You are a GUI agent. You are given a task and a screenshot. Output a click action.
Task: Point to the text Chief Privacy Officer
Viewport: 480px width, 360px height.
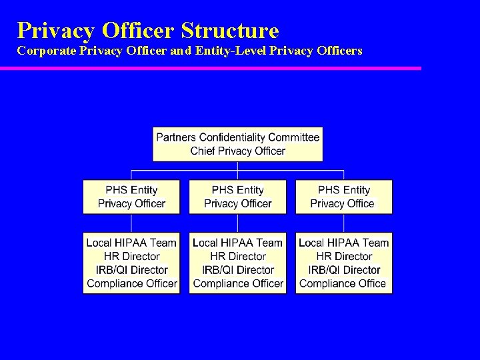click(237, 151)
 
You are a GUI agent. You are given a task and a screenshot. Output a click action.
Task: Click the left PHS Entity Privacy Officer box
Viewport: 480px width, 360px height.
click(131, 197)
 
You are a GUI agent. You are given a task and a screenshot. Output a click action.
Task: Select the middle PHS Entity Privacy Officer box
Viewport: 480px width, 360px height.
click(238, 197)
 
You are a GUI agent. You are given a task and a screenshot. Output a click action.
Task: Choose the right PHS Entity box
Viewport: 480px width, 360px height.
click(344, 197)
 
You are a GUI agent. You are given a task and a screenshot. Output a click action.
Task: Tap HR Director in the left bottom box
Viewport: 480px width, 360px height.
click(131, 257)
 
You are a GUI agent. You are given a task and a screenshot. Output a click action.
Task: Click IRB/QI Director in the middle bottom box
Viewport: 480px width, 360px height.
click(238, 270)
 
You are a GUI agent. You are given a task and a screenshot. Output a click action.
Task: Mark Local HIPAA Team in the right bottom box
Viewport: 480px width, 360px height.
click(344, 243)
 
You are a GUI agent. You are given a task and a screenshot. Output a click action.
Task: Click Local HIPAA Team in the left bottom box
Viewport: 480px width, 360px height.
click(131, 243)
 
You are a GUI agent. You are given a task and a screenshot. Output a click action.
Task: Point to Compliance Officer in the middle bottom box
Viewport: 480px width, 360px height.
click(238, 283)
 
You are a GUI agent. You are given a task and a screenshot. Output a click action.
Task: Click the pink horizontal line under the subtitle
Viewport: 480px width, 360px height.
click(210, 68)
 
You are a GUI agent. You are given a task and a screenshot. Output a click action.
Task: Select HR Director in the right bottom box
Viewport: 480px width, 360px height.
click(344, 257)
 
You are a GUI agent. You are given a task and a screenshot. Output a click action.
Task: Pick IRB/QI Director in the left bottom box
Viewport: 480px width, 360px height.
click(131, 270)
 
